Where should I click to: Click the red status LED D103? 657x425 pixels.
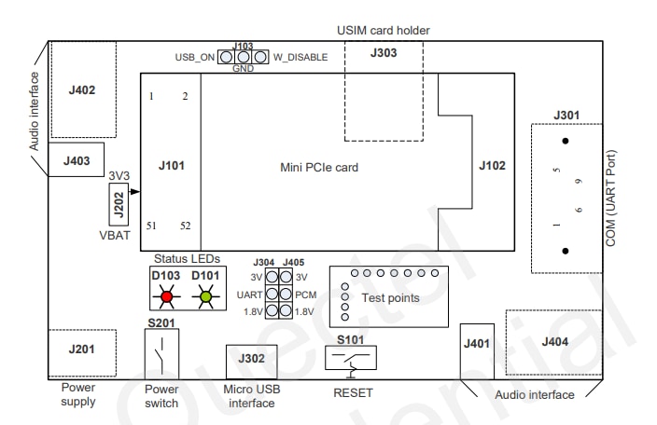coord(167,298)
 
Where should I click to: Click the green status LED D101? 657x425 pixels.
coord(207,298)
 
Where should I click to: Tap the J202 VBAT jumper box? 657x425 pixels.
coord(119,210)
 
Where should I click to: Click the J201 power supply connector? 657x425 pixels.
coord(82,351)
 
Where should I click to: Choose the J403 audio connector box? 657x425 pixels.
coord(77,160)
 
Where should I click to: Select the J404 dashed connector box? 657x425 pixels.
coord(554,343)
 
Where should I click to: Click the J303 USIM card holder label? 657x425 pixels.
coord(383,53)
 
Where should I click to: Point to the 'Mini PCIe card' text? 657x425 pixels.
coord(319,168)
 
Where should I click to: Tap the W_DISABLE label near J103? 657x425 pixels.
coord(300,57)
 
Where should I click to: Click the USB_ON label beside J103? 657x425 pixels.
coord(195,57)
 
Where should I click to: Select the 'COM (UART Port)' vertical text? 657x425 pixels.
coord(611,199)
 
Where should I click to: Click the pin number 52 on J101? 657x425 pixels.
coord(185,226)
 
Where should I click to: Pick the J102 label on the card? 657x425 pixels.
coord(492,166)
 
